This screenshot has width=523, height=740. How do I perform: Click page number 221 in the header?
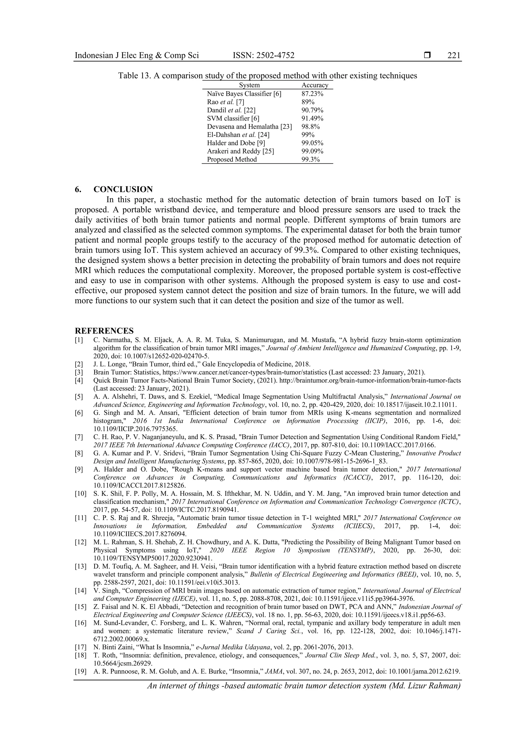[454, 55]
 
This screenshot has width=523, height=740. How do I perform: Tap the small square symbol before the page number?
[427, 55]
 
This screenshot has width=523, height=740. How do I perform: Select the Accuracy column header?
[315, 85]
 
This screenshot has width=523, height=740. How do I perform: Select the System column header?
[249, 85]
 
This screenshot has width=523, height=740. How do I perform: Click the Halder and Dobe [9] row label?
[236, 143]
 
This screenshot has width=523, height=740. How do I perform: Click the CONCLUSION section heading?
[123, 189]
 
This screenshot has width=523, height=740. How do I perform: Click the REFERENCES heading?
[104, 331]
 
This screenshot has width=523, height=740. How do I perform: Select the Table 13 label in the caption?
[134, 76]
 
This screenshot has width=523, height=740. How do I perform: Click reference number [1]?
[79, 340]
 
